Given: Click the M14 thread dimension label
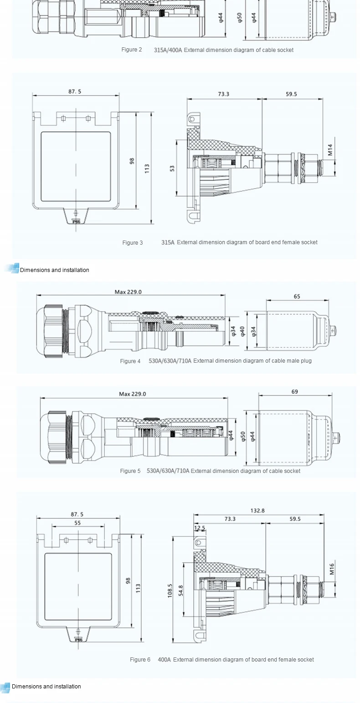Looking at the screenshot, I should (330, 150).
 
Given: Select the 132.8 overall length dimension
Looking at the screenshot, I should (257, 510).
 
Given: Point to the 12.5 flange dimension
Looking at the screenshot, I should (200, 528).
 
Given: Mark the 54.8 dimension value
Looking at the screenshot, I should (180, 590).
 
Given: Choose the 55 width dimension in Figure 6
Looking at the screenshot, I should (77, 523).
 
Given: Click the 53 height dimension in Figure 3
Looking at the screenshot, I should (172, 168).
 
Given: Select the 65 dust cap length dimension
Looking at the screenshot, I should (297, 296).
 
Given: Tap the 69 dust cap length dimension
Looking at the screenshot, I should (295, 391).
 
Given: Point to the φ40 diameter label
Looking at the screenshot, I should (242, 331).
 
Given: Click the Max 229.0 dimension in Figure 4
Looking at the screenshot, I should (128, 292).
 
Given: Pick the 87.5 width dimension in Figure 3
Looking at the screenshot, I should (75, 91).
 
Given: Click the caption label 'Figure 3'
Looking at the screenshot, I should (132, 242).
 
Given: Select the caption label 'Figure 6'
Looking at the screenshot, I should (140, 659).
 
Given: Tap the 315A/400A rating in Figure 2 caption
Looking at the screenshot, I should (168, 50).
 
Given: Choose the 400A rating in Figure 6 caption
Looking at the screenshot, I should (164, 659).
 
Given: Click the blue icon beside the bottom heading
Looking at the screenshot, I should (5, 688).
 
